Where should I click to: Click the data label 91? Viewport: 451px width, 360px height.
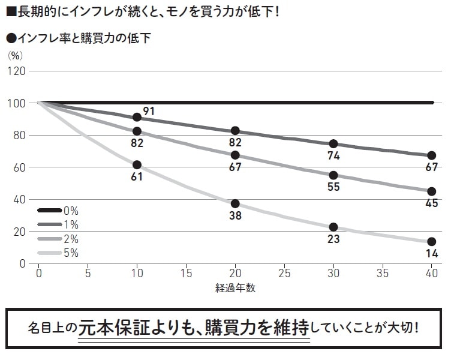click(149, 111)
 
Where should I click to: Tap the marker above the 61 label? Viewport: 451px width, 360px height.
click(137, 164)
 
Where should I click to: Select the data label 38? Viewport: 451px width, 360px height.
click(235, 216)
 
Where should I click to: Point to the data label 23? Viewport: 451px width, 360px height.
click(333, 239)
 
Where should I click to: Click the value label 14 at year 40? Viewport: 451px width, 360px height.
click(432, 253)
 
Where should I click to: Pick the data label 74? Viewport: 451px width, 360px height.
click(333, 156)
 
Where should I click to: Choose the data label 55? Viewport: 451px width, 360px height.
click(333, 187)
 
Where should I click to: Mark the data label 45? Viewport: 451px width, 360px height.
click(432, 203)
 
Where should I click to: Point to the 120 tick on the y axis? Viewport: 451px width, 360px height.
click(16, 71)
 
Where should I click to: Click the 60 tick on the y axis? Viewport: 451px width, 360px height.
click(19, 167)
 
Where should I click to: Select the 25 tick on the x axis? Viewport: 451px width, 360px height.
click(284, 274)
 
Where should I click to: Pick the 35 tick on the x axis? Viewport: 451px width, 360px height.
click(383, 274)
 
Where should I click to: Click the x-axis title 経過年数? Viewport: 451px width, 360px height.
click(235, 288)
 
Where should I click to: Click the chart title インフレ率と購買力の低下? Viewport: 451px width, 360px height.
click(83, 38)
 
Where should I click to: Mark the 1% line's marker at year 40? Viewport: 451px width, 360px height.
click(431, 155)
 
